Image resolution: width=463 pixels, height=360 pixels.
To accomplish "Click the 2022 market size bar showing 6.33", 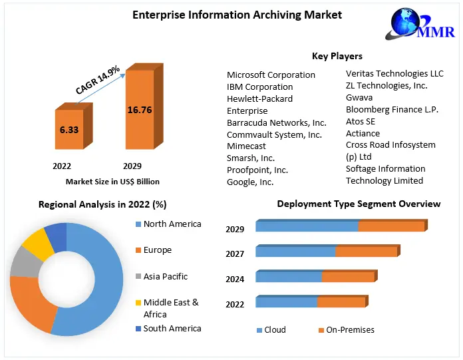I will [x=69, y=130].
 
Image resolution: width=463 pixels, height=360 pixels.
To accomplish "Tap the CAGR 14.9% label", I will [x=97, y=79].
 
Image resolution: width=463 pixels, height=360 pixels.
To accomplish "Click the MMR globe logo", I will [x=406, y=25].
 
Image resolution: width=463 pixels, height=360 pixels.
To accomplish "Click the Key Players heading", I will [x=337, y=56].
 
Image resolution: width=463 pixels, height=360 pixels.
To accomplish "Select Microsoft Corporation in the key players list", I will [x=271, y=75].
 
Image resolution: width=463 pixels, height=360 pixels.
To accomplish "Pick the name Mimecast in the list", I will [x=246, y=146].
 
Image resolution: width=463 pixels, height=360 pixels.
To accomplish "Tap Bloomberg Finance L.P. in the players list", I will [x=392, y=109].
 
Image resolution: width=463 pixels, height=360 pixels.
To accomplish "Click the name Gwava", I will [x=359, y=97].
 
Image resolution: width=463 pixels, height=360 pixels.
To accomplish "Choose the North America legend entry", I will [x=172, y=224].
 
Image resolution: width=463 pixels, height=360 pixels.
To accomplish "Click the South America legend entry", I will [x=172, y=328].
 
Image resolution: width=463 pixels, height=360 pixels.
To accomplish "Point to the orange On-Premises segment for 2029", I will [x=391, y=226].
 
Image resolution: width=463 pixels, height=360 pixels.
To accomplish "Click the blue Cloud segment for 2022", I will [x=286, y=303].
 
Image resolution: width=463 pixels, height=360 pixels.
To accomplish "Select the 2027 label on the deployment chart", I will [x=235, y=254].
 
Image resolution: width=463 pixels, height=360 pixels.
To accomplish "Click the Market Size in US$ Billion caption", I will [x=112, y=181].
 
